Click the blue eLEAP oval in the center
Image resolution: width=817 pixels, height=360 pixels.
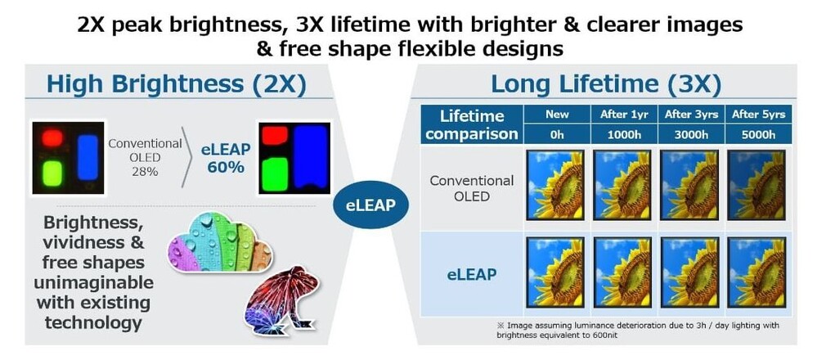pyautogui.click(x=371, y=205)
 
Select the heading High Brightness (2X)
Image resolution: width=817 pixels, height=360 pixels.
pyautogui.click(x=176, y=84)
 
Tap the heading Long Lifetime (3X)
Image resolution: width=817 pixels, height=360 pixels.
pyautogui.click(x=606, y=84)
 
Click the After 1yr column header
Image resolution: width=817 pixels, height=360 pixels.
pyautogui.click(x=624, y=115)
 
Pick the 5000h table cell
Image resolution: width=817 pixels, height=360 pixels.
pyautogui.click(x=758, y=134)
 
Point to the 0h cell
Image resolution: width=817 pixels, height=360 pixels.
pyautogui.click(x=556, y=134)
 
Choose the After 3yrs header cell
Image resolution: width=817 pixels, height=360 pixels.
pyautogui.click(x=691, y=115)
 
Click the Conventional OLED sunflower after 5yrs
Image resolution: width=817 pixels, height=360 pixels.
pyautogui.click(x=756, y=185)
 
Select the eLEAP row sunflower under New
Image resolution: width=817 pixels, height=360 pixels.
pyautogui.click(x=555, y=272)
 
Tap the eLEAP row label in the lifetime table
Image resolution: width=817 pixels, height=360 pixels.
pyautogui.click(x=471, y=274)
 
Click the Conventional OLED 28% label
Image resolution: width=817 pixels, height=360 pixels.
pyautogui.click(x=145, y=157)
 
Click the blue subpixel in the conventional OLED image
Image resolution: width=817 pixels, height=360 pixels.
pyautogui.click(x=88, y=157)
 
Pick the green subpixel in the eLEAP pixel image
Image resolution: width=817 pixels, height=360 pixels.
pyautogui.click(x=275, y=174)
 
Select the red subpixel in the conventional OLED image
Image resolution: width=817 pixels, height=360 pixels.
pyautogui.click(x=52, y=138)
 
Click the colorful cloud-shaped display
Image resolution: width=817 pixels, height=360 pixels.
pyautogui.click(x=220, y=241)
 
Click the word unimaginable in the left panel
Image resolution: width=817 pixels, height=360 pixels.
pyautogui.click(x=94, y=282)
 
